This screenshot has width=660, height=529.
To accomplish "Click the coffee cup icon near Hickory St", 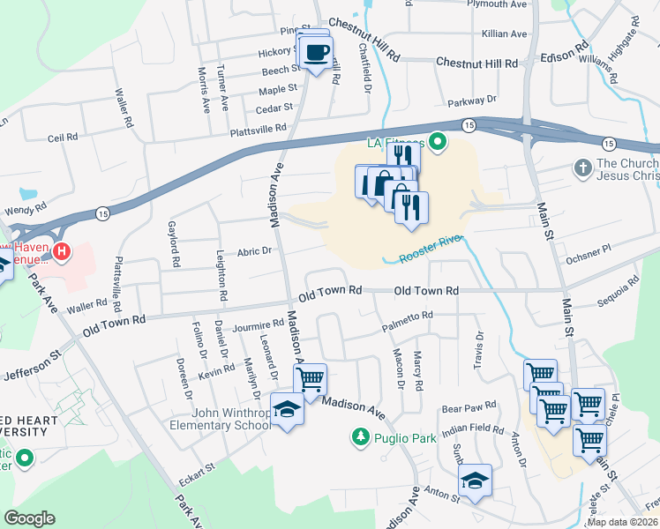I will pos(317,52).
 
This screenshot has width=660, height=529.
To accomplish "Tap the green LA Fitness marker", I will pos(437,142).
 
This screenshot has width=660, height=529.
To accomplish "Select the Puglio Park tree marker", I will pos(360,436).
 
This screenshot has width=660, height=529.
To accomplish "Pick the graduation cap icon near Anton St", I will pos(475,481).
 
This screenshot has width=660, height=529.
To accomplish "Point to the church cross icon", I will pos(582,167).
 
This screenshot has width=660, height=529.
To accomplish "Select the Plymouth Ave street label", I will pos(497,4).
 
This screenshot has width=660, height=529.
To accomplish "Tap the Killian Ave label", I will pos(505,34).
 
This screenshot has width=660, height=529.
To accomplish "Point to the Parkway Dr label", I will pos(478,101).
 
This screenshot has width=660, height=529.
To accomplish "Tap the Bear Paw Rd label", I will pos(470,408).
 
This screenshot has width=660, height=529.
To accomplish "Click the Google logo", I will pos(29,518).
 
